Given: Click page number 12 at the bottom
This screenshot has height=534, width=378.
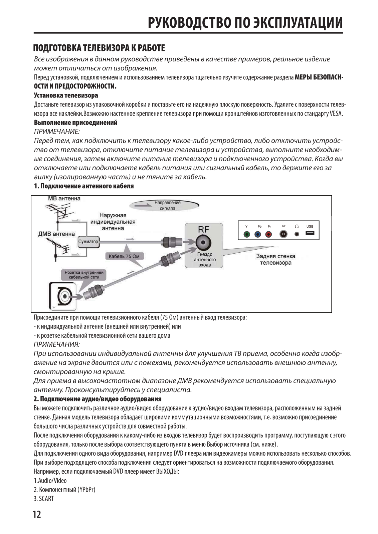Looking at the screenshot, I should [37, 514].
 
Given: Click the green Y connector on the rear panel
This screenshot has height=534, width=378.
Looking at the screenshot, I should [246, 234].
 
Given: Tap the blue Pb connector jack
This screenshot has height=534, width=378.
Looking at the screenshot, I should [258, 234].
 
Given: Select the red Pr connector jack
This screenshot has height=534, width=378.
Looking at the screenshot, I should [268, 234].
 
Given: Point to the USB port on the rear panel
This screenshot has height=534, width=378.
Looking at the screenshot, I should [310, 233].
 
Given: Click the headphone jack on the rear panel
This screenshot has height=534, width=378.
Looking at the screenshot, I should [297, 234].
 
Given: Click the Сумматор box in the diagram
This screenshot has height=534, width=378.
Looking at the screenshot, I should [88, 241].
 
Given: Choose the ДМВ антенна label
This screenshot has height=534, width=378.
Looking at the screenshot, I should [57, 234].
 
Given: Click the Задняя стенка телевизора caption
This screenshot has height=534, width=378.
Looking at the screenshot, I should [275, 259].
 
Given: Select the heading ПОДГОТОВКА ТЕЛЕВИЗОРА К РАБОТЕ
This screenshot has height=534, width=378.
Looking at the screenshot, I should [99, 48].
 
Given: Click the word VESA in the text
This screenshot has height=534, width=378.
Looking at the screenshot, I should [336, 113].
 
